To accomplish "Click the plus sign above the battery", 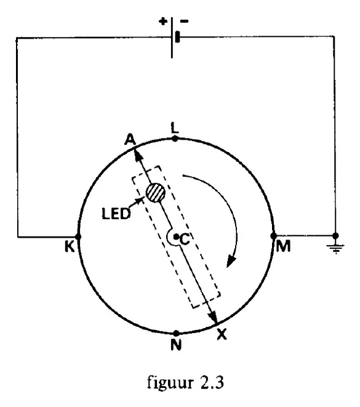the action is click(x=163, y=22).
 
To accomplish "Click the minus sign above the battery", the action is click(x=185, y=22).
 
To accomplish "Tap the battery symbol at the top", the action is click(x=174, y=38).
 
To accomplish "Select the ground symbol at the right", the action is click(x=335, y=249).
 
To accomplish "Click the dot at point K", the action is click(x=78, y=236).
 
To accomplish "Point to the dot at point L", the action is click(x=175, y=139).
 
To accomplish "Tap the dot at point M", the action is click(x=273, y=236).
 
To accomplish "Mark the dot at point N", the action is click(x=176, y=333).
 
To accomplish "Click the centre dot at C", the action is click(x=176, y=236).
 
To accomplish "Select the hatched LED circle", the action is click(x=155, y=193).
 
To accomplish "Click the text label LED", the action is click(x=116, y=214).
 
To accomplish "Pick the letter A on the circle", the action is click(x=130, y=140).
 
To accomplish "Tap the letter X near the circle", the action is click(x=222, y=334).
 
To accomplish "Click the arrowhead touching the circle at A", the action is click(x=138, y=155).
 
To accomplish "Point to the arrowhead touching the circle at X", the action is click(x=213, y=316).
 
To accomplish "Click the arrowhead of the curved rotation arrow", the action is click(x=231, y=260).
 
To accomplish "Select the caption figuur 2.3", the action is click(x=185, y=382).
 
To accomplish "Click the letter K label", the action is click(x=70, y=246).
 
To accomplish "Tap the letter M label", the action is click(x=283, y=246).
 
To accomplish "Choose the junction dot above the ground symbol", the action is click(x=335, y=236).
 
